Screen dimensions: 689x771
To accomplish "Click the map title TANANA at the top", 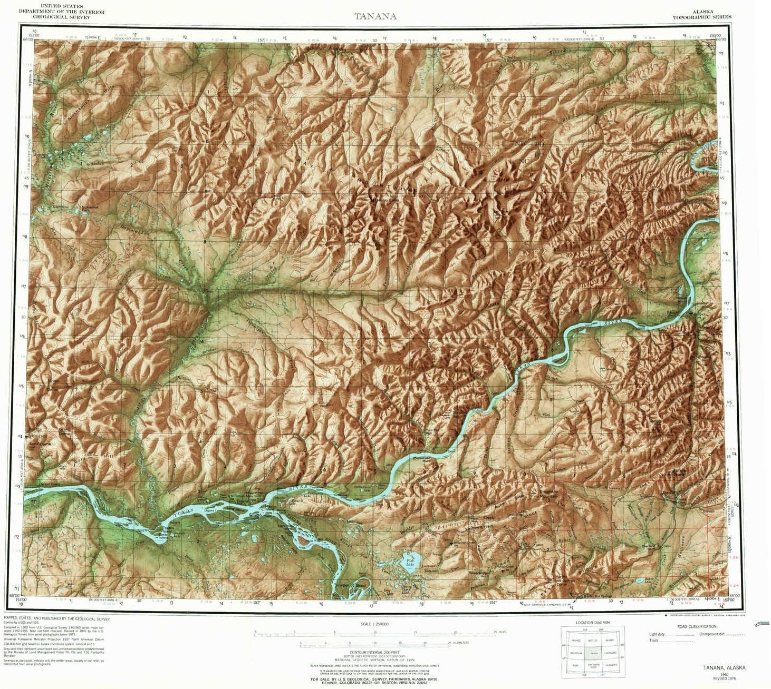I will click(375, 16).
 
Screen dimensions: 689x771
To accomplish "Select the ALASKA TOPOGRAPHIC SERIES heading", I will click(701, 14).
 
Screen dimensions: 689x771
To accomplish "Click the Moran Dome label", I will click(53, 385).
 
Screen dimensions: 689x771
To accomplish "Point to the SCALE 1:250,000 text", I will click(374, 624).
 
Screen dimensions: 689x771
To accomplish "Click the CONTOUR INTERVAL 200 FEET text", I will click(374, 652).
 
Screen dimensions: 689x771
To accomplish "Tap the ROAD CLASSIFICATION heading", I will click(698, 626).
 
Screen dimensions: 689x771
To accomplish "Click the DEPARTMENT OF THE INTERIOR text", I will click(62, 12).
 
